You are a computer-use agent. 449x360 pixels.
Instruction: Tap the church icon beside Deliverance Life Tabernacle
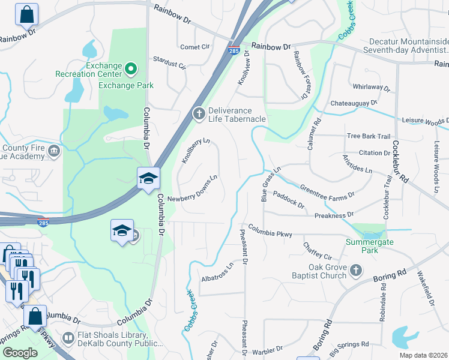199,113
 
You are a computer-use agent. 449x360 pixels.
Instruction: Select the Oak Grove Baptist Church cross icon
356,270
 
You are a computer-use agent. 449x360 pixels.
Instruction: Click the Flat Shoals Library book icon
68,340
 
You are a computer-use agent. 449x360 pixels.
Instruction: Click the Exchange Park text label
126,85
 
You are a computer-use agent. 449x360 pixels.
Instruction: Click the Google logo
19,353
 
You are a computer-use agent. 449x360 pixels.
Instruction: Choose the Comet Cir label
195,47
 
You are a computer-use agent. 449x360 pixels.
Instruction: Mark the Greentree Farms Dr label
327,190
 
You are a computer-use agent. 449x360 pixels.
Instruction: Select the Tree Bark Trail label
368,136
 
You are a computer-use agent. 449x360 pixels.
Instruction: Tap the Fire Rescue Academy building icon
54,150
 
